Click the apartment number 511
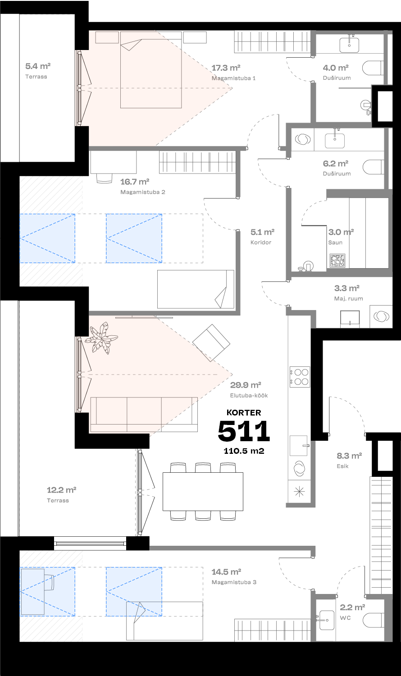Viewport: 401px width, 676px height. point(244,431)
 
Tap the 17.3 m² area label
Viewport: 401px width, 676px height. point(225,68)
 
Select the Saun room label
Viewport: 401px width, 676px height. point(335,242)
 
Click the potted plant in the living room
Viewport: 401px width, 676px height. point(103,337)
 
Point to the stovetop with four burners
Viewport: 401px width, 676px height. point(300,377)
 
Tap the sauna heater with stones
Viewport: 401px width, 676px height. point(337,261)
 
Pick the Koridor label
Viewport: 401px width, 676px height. point(261,242)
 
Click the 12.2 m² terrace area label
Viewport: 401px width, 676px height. point(61,490)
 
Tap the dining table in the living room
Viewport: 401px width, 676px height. point(203,491)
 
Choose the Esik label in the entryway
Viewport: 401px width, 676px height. point(342,466)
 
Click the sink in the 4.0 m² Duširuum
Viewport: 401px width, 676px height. point(349,45)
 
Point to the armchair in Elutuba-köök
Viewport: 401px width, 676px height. point(211,343)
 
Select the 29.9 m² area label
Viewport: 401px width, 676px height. point(246,385)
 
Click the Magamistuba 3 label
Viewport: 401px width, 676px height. point(234,582)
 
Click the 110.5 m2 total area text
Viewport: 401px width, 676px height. point(244,450)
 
